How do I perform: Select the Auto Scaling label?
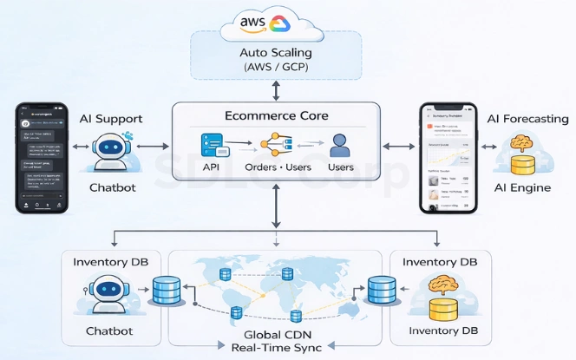(277, 53)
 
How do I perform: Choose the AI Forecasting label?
(527, 118)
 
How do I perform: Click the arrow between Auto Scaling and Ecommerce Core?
(277, 89)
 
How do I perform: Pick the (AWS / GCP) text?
(277, 69)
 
